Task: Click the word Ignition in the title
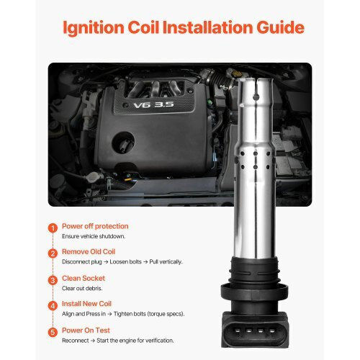[x=94, y=28]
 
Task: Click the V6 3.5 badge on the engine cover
[x=153, y=104]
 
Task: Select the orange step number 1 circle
[x=53, y=228]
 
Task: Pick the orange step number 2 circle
[x=53, y=253]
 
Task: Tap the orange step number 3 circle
[x=53, y=280]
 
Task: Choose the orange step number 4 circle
[x=53, y=306]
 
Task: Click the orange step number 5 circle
[x=53, y=332]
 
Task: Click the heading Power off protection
[x=95, y=226]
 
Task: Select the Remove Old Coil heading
[x=89, y=251]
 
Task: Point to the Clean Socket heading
[x=84, y=278]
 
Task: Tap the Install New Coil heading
[x=86, y=304]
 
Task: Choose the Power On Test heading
[x=86, y=330]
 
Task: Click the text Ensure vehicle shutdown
[x=94, y=236]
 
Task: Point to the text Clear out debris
[x=82, y=288]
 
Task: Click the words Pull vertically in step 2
[x=166, y=261]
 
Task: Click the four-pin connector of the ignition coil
[x=255, y=329]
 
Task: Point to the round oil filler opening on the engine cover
[x=123, y=143]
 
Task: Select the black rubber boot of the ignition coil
[x=254, y=284]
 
